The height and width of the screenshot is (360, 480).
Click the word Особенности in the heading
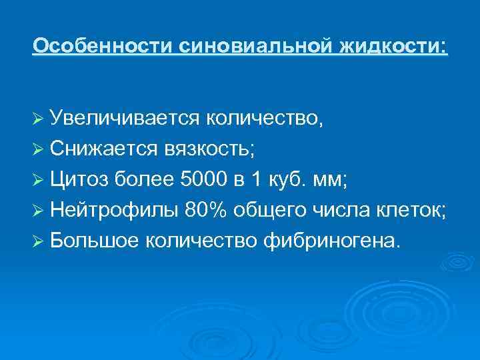(103, 46)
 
